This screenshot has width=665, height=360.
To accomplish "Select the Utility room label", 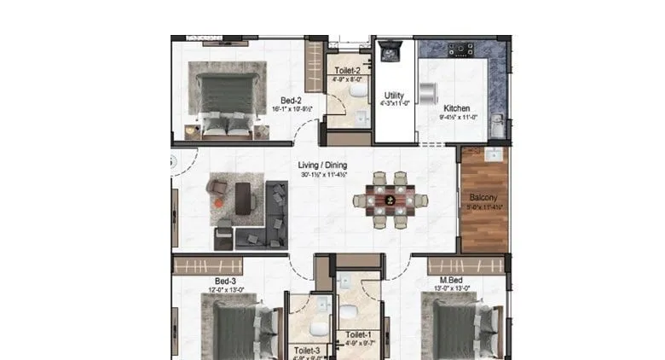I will [x=394, y=96].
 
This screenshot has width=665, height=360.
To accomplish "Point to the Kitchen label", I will [x=455, y=108].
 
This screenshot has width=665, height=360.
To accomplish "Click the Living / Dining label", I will [x=321, y=165].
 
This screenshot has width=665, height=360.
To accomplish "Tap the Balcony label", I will [x=483, y=197].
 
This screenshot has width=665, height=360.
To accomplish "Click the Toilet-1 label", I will [x=358, y=335].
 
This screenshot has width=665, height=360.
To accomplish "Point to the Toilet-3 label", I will [x=307, y=350].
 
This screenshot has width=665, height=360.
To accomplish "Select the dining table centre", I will [x=390, y=200].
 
